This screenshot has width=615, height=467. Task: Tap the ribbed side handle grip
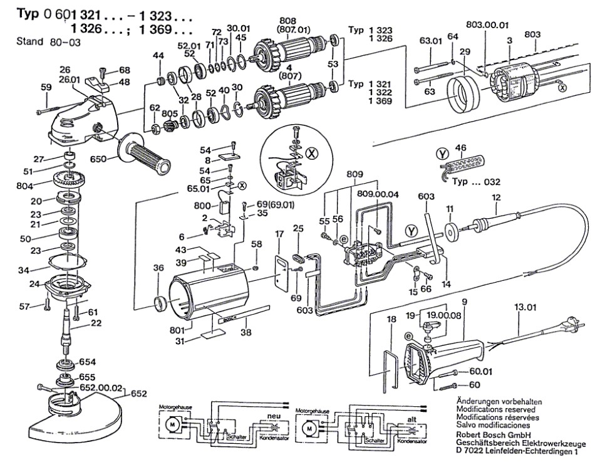click(148, 157)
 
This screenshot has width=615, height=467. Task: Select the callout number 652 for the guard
click(138, 394)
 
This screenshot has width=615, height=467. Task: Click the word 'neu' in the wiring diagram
click(274, 416)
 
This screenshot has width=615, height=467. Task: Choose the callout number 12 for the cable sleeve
click(496, 198)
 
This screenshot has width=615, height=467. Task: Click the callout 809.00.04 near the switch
click(377, 194)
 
